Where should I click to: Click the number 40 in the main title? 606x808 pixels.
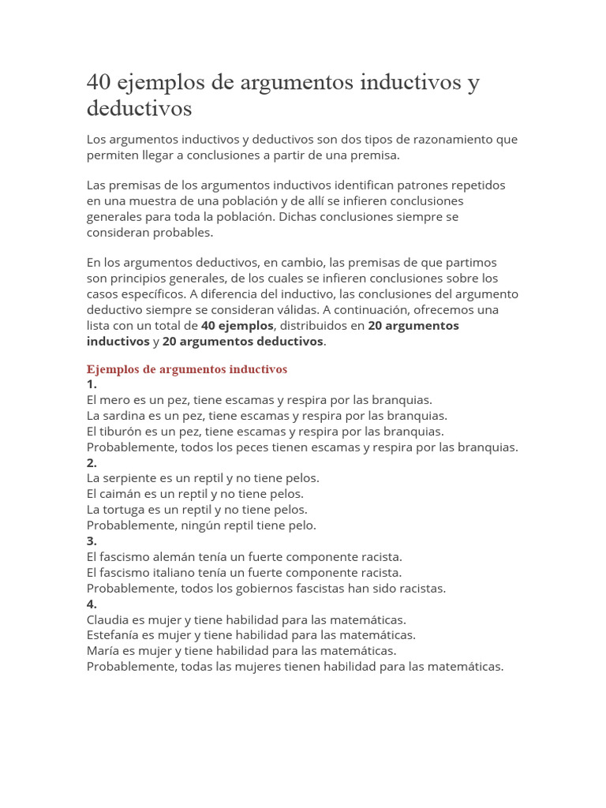[x=99, y=82]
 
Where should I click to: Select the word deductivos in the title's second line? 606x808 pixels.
[x=139, y=108]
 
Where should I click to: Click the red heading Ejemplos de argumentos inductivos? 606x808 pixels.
[x=186, y=369]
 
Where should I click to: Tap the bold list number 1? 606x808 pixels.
[x=92, y=384]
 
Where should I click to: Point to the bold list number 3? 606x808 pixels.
[x=92, y=541]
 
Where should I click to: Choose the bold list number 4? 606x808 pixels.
[x=92, y=604]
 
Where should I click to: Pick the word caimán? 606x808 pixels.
[x=120, y=494]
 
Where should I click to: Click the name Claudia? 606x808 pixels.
[x=107, y=620]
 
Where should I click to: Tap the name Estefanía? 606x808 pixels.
[x=112, y=635]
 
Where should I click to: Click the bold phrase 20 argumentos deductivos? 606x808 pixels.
[x=242, y=342]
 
